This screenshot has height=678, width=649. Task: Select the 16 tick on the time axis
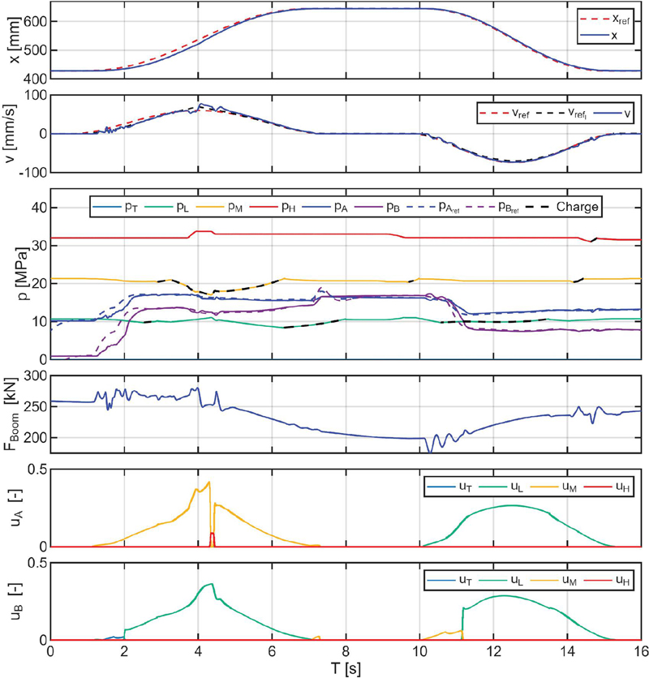tap(641, 651)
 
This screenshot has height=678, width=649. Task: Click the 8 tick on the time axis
tap(346, 651)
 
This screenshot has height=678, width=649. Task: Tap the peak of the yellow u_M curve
tap(209, 483)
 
